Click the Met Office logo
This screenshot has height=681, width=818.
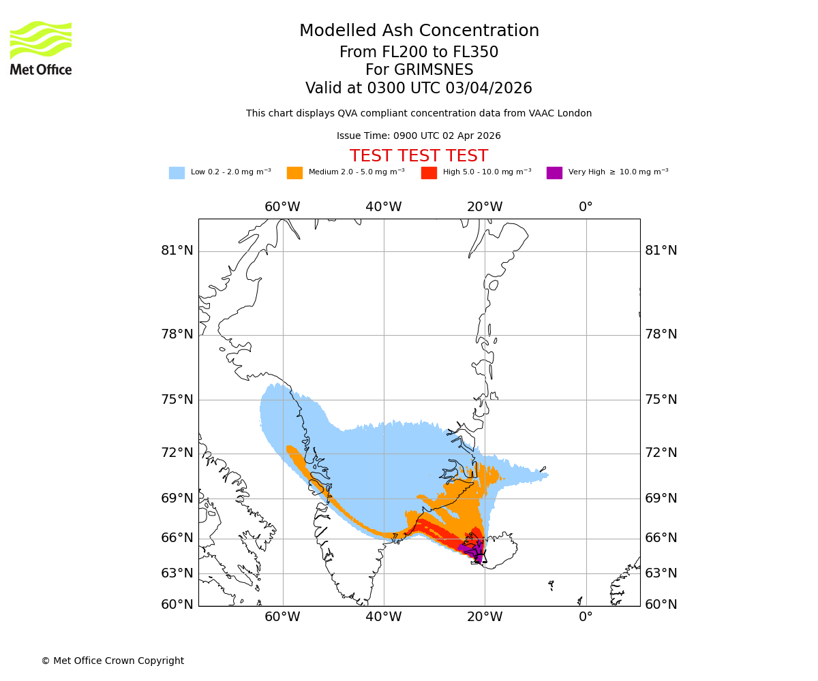[41, 48]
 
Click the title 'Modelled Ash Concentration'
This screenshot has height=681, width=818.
[419, 31]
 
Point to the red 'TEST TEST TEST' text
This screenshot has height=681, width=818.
[419, 156]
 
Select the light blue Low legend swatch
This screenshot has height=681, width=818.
[177, 173]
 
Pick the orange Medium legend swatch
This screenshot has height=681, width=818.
[294, 173]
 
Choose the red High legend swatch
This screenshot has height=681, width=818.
[429, 173]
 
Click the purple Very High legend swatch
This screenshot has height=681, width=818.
[554, 173]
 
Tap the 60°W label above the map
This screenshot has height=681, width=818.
[282, 207]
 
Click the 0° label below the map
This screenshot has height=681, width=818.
[586, 617]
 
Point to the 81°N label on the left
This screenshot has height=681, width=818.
[177, 251]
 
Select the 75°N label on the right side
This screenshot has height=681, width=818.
[661, 400]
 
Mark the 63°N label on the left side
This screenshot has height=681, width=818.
[177, 573]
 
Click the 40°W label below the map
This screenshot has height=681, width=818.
[384, 617]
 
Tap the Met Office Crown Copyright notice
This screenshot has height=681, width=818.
[112, 661]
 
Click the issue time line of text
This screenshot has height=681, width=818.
[419, 136]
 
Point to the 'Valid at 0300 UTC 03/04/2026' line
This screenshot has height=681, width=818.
[419, 89]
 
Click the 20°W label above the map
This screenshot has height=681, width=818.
[485, 207]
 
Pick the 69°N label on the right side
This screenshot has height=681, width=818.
[661, 498]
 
